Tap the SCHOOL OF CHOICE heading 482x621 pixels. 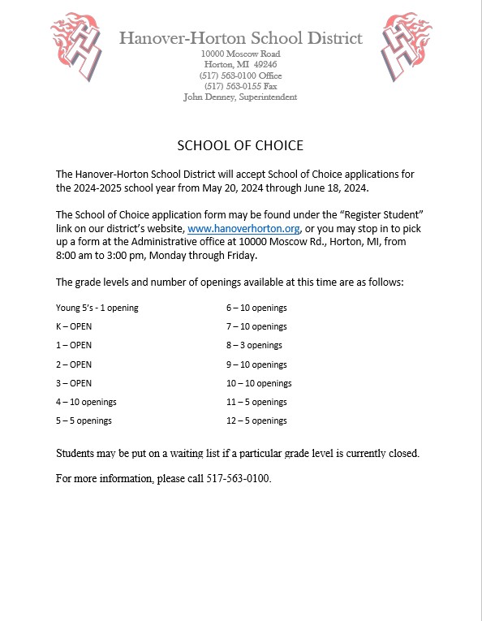[240, 145]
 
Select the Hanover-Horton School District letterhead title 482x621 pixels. [240, 38]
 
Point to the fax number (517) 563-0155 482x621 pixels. [240, 86]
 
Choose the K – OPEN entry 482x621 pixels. [74, 326]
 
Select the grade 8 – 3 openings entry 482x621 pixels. [256, 345]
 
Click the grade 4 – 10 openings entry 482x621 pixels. [86, 402]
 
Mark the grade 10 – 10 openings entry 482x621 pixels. [258, 383]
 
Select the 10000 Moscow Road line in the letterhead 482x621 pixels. [240, 54]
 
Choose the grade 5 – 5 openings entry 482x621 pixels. [84, 420]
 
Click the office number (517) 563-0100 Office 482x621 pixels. [240, 75]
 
